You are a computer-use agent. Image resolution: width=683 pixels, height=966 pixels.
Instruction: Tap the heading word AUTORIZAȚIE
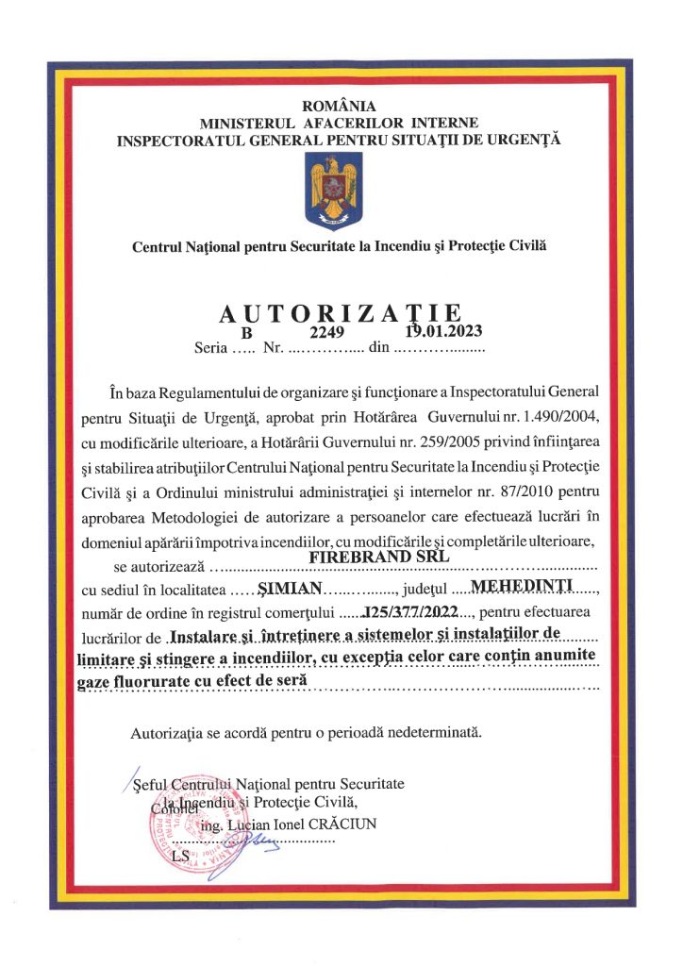click(340, 312)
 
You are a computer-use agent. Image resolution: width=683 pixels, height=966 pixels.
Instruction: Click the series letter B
click(248, 333)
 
